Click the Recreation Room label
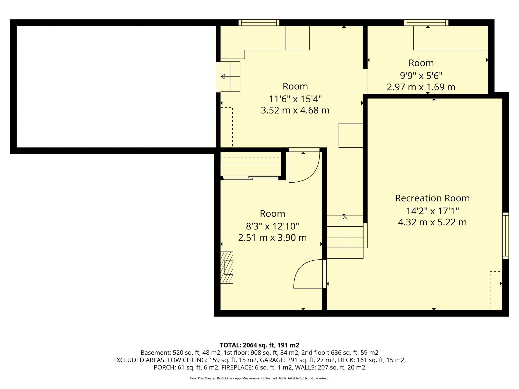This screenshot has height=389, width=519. point(432,198)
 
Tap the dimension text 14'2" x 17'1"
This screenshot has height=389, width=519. point(432,211)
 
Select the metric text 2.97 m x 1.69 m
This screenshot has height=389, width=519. point(421,87)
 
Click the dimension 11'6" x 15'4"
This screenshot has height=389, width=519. point(295,99)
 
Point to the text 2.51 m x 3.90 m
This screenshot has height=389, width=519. point(272,238)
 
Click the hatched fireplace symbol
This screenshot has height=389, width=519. point(227,267)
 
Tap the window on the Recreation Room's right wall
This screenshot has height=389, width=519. point(505,236)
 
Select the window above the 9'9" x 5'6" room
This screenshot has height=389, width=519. point(426,23)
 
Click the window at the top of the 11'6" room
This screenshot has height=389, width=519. point(259,23)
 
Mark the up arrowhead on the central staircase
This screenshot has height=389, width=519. point(345,218)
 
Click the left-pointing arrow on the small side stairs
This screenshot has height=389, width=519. point(223,76)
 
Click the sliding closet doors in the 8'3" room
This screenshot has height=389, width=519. point(251,178)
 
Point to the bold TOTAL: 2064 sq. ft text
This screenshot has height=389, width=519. point(259,345)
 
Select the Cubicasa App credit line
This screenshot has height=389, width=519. point(259,378)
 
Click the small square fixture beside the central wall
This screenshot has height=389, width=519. point(351,135)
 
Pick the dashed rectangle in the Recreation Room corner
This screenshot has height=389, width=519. point(496,290)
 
